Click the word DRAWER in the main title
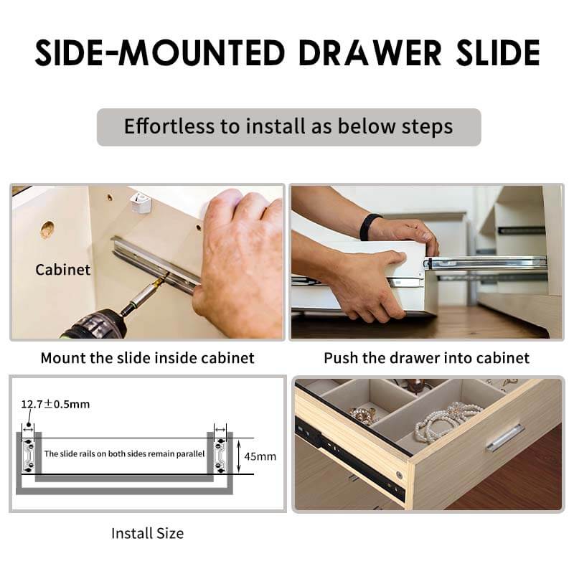370,52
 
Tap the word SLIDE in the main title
498,52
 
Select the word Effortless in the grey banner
169,126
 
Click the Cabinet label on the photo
62,270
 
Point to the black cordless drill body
96,324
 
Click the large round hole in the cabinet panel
47,230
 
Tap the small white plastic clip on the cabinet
139,202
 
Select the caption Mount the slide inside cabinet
148,357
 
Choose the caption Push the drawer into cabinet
426,357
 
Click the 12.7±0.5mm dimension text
55,404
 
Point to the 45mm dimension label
260,456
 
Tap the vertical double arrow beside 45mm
239,456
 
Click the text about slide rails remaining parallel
124,454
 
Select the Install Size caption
148,533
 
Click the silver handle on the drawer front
506,438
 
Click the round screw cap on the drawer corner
400,476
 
